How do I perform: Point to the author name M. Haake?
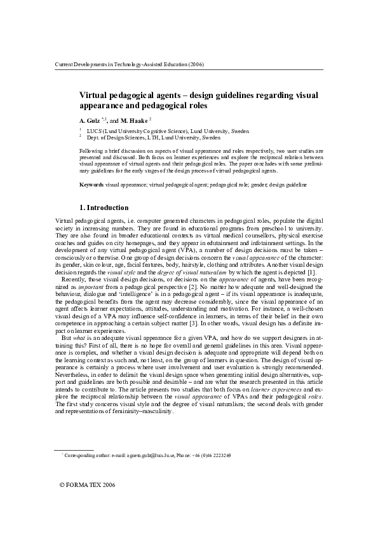pyautogui.click(x=133, y=120)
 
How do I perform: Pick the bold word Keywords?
pyautogui.click(x=91, y=184)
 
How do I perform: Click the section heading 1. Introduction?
pyautogui.click(x=104, y=208)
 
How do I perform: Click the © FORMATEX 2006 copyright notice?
pyautogui.click(x=87, y=502)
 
